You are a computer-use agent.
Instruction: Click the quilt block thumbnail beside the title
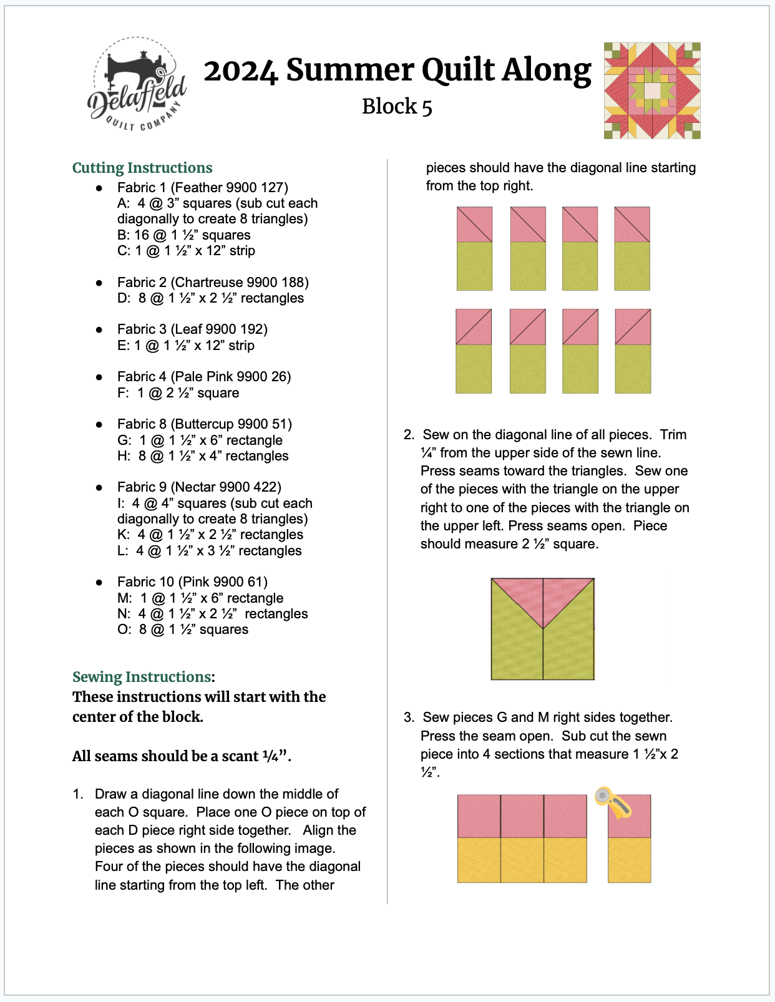652,90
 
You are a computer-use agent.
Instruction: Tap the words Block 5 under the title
397,107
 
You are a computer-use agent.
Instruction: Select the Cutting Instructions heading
142,168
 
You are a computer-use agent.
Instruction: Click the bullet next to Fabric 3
99,329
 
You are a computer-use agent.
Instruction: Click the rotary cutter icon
613,802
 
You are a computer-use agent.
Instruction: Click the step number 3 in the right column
409,717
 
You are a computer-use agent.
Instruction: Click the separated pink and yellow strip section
629,839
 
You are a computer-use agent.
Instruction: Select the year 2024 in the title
241,71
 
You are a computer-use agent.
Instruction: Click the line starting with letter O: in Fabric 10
183,630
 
